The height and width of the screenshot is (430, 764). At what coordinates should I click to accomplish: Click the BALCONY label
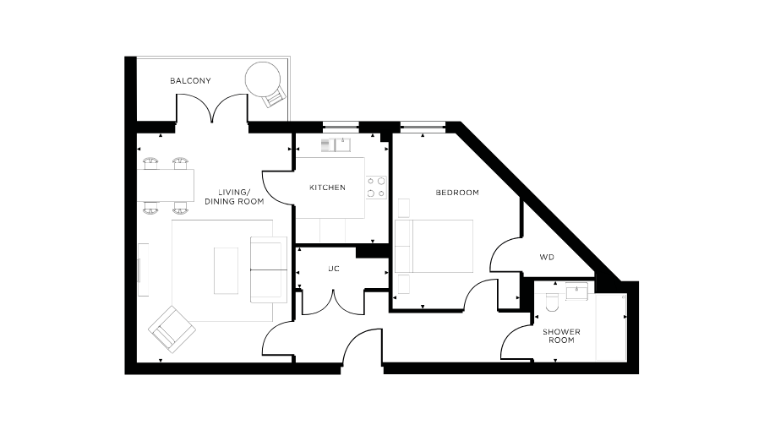(x=190, y=81)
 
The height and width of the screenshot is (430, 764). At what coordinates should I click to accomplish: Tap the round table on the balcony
(x=260, y=79)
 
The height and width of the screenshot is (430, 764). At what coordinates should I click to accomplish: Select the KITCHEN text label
(x=327, y=188)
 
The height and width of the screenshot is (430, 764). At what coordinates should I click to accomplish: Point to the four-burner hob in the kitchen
(x=376, y=188)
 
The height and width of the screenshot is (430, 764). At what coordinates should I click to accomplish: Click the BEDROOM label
(x=456, y=193)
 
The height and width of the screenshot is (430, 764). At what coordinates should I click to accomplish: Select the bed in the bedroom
(x=434, y=246)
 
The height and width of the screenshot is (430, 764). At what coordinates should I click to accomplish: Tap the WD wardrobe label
(x=547, y=257)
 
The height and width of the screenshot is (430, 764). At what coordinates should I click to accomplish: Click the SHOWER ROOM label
(x=558, y=335)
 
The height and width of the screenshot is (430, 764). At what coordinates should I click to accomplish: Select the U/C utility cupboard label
(x=333, y=269)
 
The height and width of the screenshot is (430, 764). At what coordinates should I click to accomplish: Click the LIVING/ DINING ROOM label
(x=234, y=197)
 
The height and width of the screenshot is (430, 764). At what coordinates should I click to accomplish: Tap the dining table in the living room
(x=166, y=183)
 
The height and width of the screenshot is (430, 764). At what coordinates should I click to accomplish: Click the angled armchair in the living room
(x=172, y=327)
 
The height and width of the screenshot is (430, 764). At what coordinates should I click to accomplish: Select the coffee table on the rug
(x=226, y=270)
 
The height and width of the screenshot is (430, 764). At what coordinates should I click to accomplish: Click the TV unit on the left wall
(x=143, y=269)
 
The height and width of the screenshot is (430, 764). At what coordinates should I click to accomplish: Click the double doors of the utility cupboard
(x=326, y=302)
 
